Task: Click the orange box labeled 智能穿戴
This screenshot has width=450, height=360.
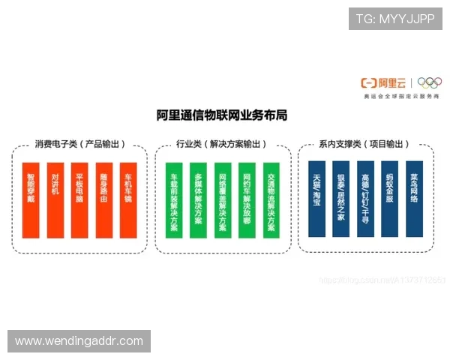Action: pyautogui.click(x=31, y=200)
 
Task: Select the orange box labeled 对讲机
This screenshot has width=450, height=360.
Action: pyautogui.click(x=55, y=200)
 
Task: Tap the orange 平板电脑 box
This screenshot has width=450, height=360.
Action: pyautogui.click(x=79, y=200)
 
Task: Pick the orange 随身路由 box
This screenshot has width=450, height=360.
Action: pyautogui.click(x=104, y=200)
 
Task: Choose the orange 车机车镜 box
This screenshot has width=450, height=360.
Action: pyautogui.click(x=128, y=200)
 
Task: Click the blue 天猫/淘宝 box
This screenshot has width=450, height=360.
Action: pyautogui.click(x=317, y=199)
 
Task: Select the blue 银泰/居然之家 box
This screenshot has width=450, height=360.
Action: pyautogui.click(x=341, y=199)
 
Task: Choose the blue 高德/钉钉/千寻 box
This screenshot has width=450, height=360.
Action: pyautogui.click(x=366, y=199)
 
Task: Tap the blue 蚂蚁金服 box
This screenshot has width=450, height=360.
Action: pyautogui.click(x=390, y=199)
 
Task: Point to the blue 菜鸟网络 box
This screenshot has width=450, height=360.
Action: pyautogui.click(x=414, y=199)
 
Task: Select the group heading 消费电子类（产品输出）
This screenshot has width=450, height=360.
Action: pyautogui.click(x=80, y=144)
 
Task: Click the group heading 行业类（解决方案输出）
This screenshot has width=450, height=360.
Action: pyautogui.click(x=222, y=144)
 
